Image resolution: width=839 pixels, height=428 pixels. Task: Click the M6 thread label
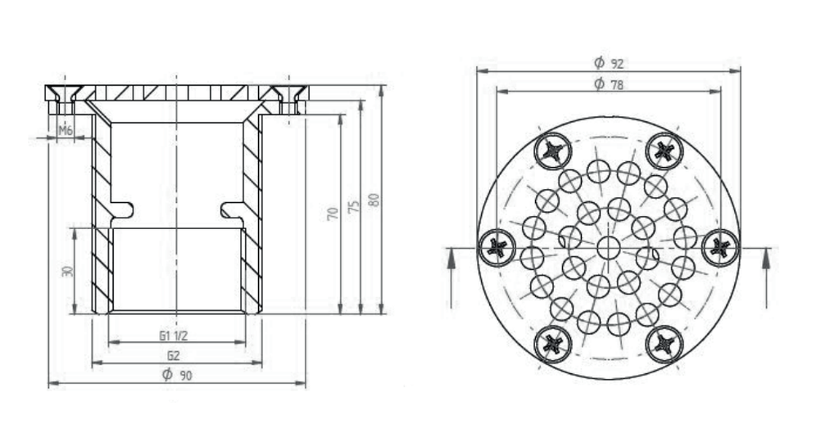tap(65, 130)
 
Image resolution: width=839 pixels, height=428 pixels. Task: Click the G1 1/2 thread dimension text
tap(174, 336)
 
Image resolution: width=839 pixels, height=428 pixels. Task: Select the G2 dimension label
tap(174, 355)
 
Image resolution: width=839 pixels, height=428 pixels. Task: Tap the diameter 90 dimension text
tap(177, 375)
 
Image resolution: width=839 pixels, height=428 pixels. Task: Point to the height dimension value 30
tap(67, 271)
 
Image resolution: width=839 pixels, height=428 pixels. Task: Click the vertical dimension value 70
tap(333, 214)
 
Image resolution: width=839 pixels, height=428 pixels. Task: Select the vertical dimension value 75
tap(353, 207)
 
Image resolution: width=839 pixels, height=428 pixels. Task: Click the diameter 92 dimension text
tap(609, 63)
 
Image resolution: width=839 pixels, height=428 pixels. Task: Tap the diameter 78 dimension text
tap(609, 84)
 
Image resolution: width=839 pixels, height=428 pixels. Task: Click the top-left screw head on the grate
tap(553, 151)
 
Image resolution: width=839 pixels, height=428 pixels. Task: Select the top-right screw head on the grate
tap(664, 151)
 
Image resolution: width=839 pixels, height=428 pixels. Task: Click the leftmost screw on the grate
tap(497, 247)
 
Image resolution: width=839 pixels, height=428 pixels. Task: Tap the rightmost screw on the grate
tap(720, 247)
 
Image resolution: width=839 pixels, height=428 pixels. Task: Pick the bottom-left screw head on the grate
tap(553, 344)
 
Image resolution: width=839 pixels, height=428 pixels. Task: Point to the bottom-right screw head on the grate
tap(664, 344)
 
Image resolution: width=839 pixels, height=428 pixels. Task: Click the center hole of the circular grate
tap(609, 248)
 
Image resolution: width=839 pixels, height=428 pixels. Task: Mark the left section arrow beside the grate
tap(451, 278)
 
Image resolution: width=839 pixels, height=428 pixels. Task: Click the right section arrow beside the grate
tap(766, 278)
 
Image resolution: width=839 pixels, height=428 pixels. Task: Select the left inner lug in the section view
tap(121, 210)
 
